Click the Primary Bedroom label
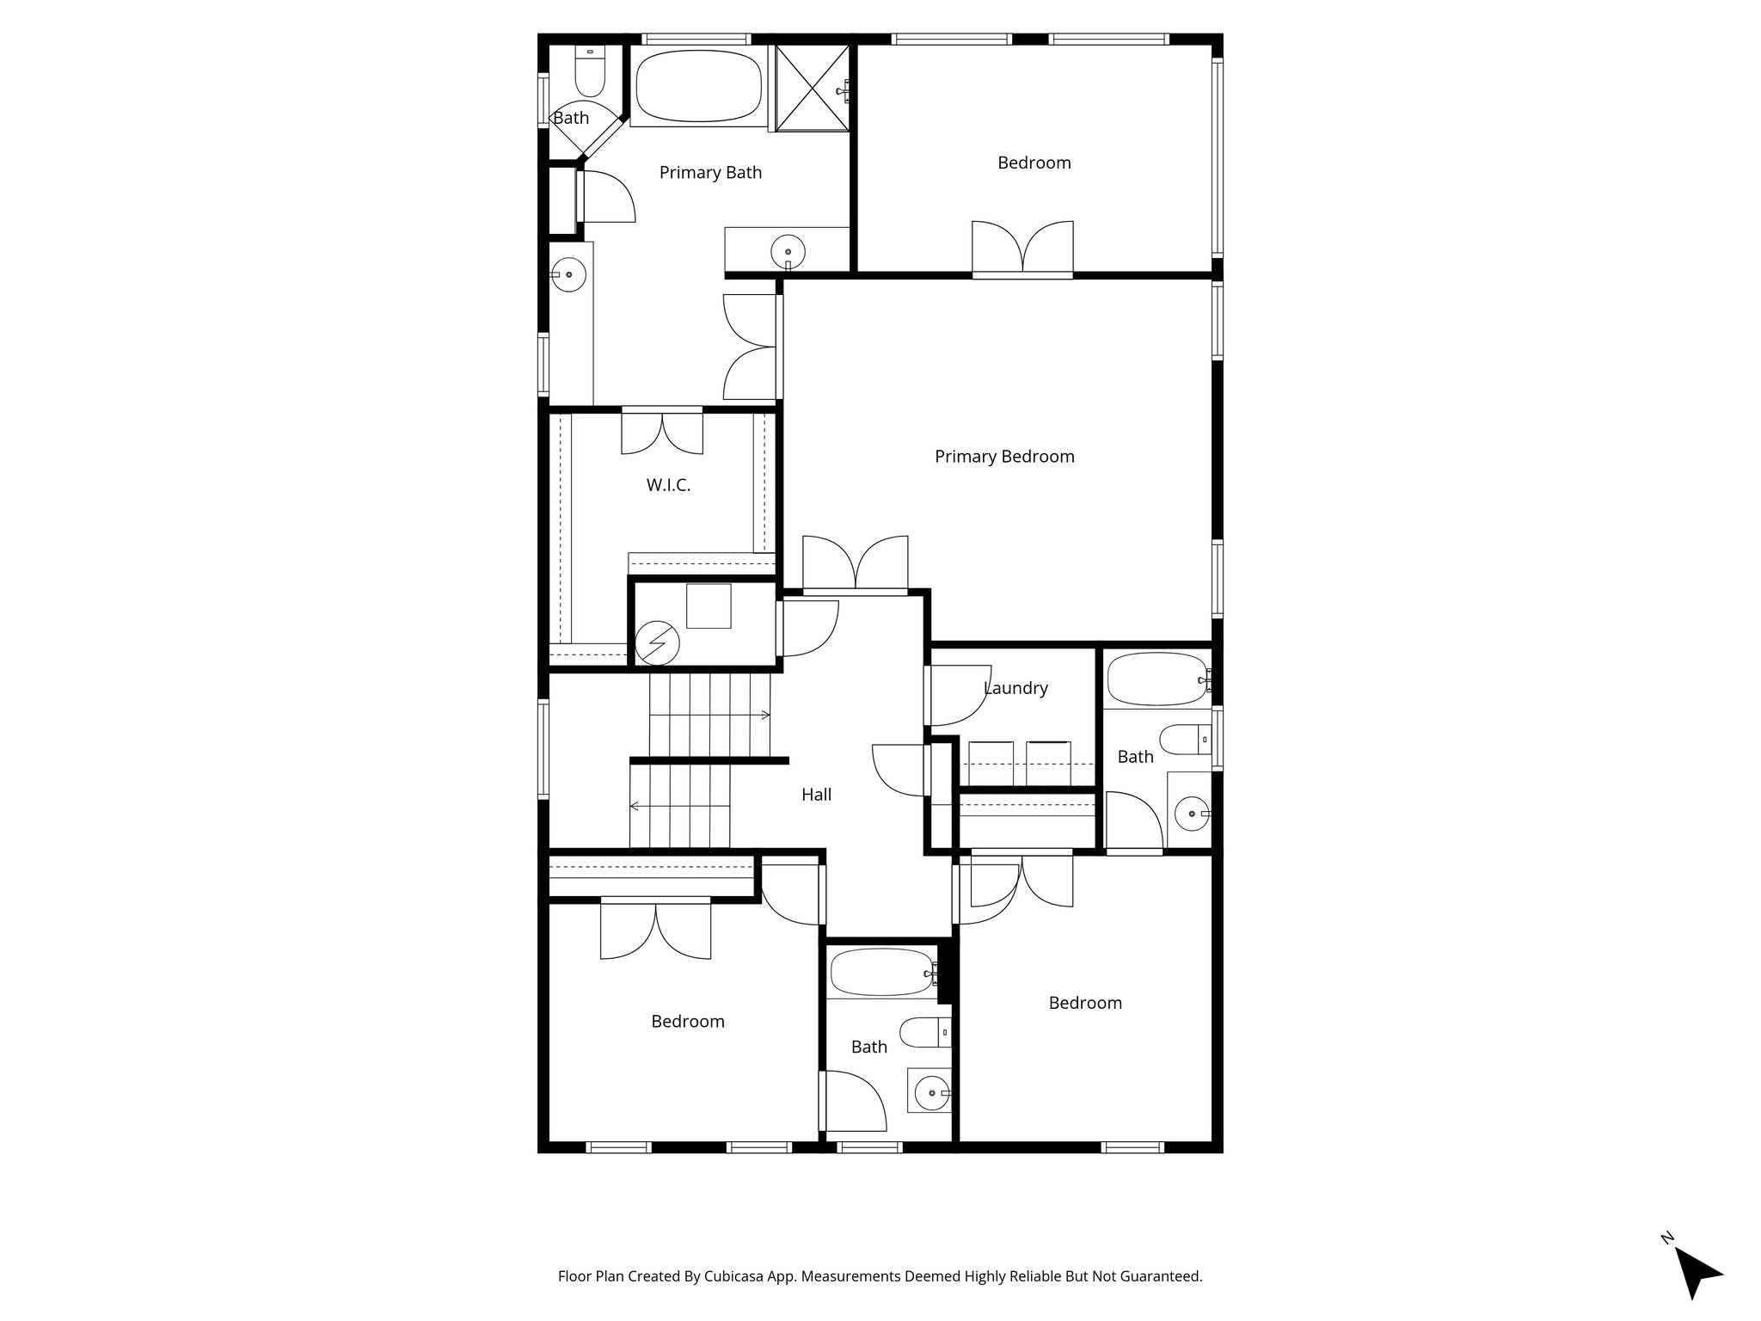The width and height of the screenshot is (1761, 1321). (x=1004, y=457)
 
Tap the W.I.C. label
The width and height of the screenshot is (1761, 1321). (x=668, y=485)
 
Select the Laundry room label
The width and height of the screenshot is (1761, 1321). (x=1015, y=688)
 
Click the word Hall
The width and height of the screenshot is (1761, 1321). (x=816, y=795)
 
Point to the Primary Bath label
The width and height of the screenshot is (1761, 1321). (x=710, y=173)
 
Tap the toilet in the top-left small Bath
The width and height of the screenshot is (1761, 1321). (x=590, y=73)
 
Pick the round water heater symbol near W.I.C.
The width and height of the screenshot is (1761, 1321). (x=657, y=643)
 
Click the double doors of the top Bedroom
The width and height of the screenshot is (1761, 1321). (x=1022, y=249)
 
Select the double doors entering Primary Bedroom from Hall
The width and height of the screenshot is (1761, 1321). (x=856, y=564)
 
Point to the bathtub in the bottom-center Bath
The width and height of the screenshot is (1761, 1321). (x=882, y=972)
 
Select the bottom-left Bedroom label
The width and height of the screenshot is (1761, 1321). (x=687, y=1022)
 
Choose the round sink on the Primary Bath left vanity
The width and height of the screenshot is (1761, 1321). (x=568, y=275)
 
